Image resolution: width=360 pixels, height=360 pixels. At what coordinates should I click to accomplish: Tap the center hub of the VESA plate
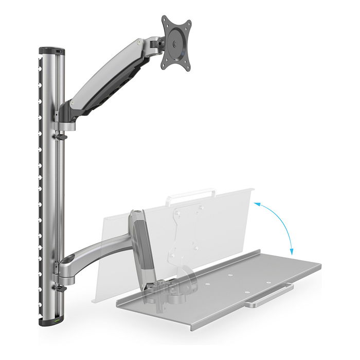tap(176, 44)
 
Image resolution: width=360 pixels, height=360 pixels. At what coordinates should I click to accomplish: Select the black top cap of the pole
tap(51, 51)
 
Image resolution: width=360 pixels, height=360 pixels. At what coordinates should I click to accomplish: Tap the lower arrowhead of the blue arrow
tap(291, 252)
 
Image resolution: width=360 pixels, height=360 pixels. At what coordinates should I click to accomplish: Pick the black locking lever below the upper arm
tap(61, 137)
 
